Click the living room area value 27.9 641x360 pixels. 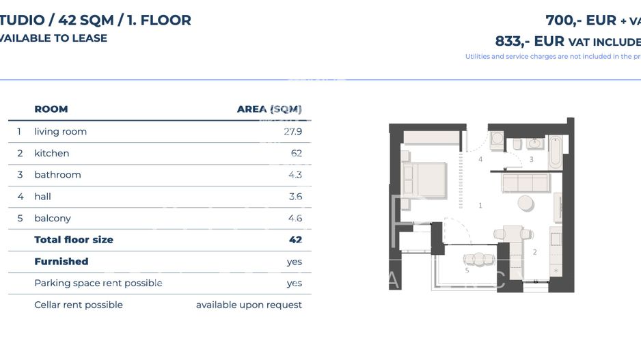point(292,131)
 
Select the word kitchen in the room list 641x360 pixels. point(52,153)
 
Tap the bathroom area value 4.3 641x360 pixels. point(295,175)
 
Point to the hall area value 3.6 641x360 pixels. point(295,197)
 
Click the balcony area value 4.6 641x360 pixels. point(295,219)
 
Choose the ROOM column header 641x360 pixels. point(51,109)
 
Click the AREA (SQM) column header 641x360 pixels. point(269,109)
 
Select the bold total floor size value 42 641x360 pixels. point(295,240)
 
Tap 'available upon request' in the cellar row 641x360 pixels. point(249,305)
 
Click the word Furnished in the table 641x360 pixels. point(62,262)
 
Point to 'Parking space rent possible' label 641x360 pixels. point(98,283)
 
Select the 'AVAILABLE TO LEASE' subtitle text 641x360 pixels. point(53,38)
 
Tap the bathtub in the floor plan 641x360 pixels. point(556,152)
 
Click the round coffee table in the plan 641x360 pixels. point(526,203)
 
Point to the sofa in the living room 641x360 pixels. point(525,182)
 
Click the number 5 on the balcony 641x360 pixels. point(467,271)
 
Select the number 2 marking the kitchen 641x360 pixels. point(534,252)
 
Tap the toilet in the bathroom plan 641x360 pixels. point(517,144)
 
